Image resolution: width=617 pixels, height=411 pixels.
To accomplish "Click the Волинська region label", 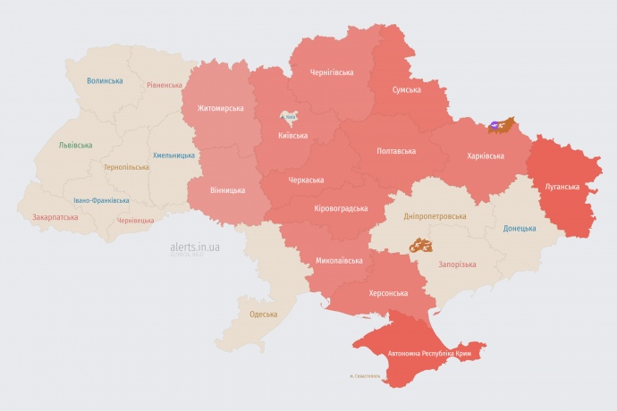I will point(105,80).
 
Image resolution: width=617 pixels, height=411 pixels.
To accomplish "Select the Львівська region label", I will point(74,144).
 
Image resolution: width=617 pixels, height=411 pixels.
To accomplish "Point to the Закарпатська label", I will point(54,216).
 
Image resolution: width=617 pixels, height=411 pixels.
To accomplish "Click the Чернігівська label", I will point(332,71).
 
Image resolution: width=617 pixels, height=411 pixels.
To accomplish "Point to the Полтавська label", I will point(395,150).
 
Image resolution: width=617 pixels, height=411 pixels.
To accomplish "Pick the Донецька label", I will point(520,229).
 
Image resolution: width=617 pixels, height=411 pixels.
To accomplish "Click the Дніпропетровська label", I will point(435,216).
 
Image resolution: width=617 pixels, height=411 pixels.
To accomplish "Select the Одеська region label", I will point(263,314).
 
